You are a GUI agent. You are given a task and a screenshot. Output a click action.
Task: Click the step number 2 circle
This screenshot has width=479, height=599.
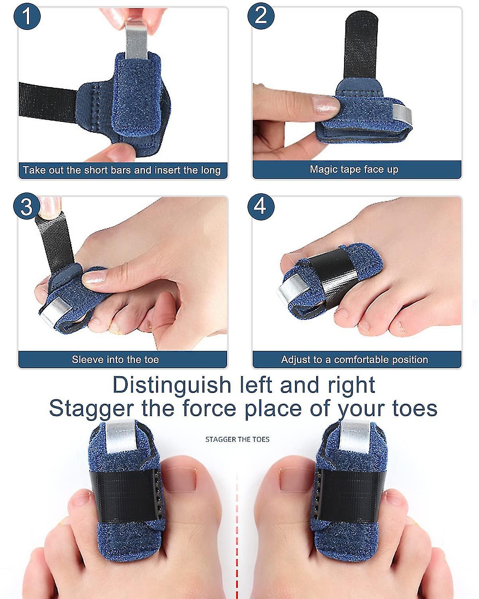click(x=261, y=16)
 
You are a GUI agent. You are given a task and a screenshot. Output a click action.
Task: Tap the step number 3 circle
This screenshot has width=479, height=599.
click(x=26, y=207)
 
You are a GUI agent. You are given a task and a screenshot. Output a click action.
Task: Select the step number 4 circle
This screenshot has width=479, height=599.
click(x=261, y=207)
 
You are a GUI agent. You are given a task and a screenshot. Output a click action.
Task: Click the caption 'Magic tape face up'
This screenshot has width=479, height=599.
click(x=354, y=169)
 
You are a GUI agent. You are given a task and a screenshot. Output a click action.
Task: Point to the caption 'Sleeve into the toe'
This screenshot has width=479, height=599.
click(x=115, y=359)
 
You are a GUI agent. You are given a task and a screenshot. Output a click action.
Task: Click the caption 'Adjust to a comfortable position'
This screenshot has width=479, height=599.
click(x=354, y=359)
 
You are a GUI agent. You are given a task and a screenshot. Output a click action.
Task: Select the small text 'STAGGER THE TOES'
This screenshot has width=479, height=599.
click(x=237, y=439)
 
